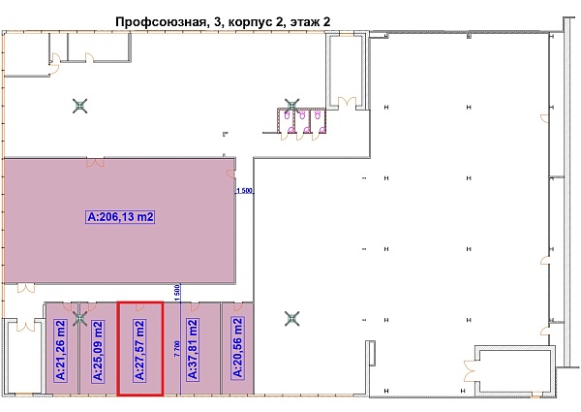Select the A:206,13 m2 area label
point(121,217)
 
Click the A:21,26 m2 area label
point(60,349)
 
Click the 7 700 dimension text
point(176,349)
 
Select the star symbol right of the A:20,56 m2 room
point(292,317)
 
